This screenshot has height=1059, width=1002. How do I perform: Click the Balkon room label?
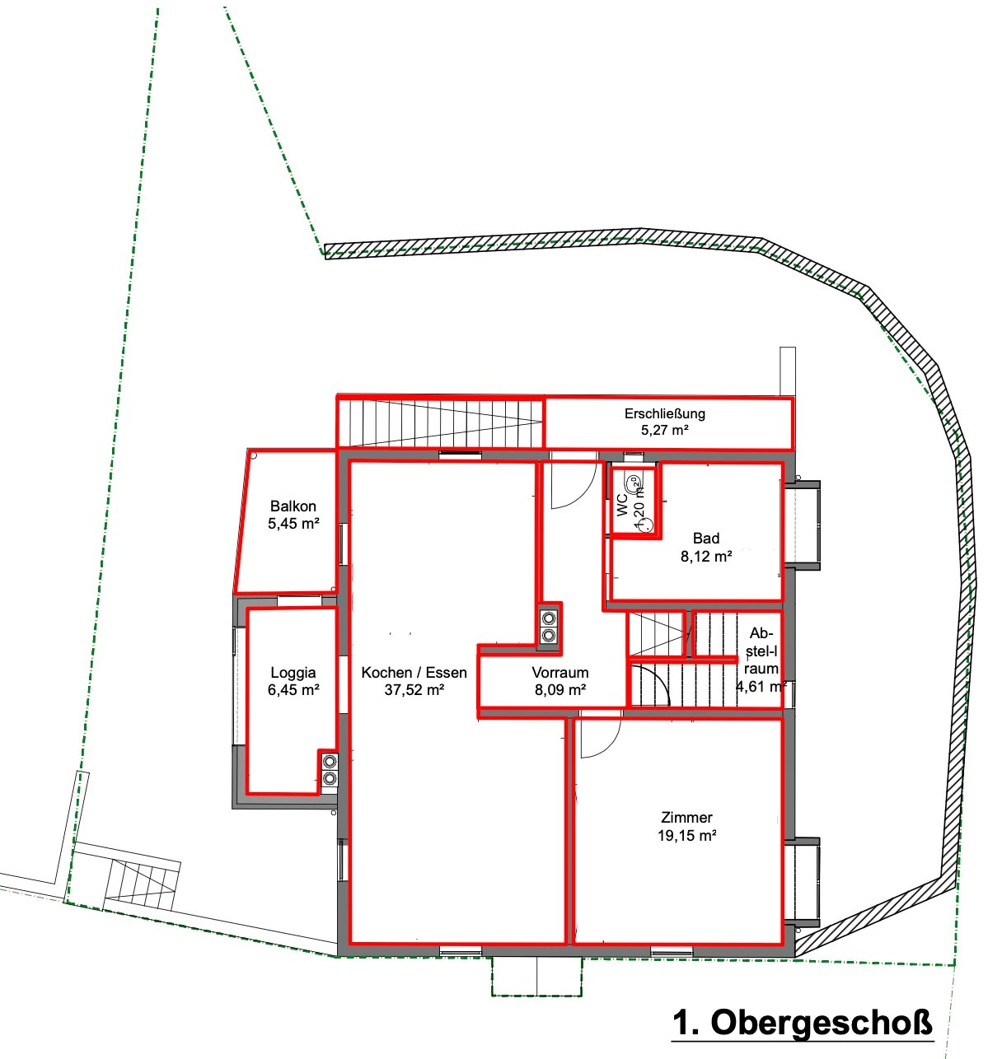pos(293,506)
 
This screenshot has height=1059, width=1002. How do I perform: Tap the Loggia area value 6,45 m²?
pos(293,689)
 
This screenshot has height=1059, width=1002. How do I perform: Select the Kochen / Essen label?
pos(414,672)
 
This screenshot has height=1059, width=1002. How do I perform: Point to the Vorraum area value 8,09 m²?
pos(560,689)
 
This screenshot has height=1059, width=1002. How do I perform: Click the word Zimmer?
pos(686,817)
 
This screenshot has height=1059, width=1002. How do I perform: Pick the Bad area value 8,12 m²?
pos(705,556)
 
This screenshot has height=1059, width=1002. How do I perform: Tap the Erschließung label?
pos(665,413)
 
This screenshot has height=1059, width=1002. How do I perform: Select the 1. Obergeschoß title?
pos(802,1022)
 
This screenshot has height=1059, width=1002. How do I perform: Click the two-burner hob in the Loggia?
pos(330,769)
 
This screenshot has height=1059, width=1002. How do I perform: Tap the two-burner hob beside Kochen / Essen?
pos(548,627)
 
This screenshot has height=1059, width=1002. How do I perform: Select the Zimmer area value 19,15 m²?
pos(686,835)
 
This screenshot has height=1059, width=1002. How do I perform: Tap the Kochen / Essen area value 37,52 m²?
pos(414,689)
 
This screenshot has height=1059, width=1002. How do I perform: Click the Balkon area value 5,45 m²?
pos(293,523)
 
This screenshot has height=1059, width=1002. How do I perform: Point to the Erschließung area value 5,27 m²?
pos(665,431)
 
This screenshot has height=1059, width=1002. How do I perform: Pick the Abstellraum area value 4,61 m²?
pos(761,687)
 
